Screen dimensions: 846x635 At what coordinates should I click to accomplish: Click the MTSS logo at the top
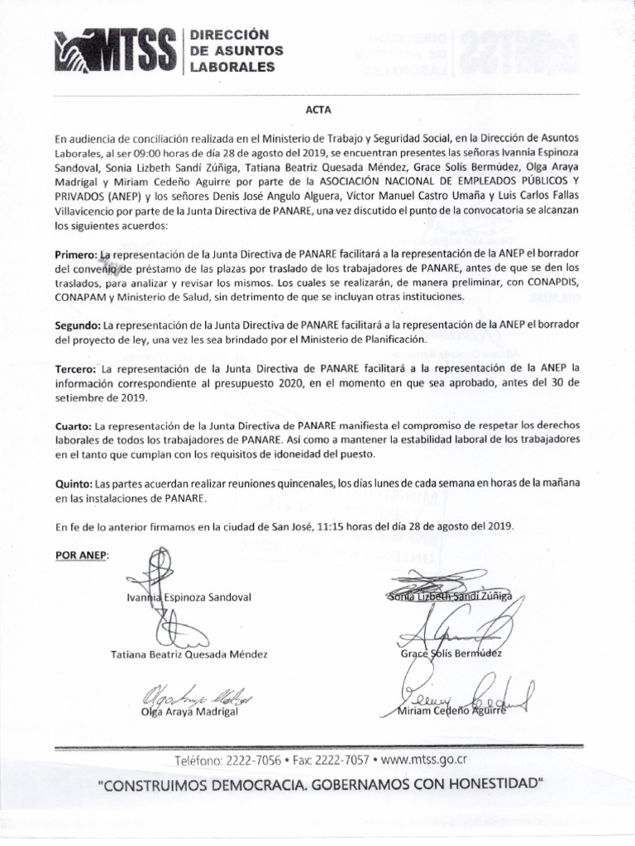click(118, 51)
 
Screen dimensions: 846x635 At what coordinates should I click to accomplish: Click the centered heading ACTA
click(318, 108)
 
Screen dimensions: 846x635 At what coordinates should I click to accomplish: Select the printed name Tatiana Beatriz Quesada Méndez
click(189, 654)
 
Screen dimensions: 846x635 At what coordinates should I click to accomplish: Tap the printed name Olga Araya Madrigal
click(189, 711)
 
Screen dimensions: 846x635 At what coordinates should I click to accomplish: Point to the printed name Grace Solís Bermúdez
click(449, 654)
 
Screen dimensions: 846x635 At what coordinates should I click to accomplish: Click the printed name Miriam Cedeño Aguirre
click(451, 711)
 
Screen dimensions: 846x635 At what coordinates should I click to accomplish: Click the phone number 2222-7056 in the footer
click(254, 759)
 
